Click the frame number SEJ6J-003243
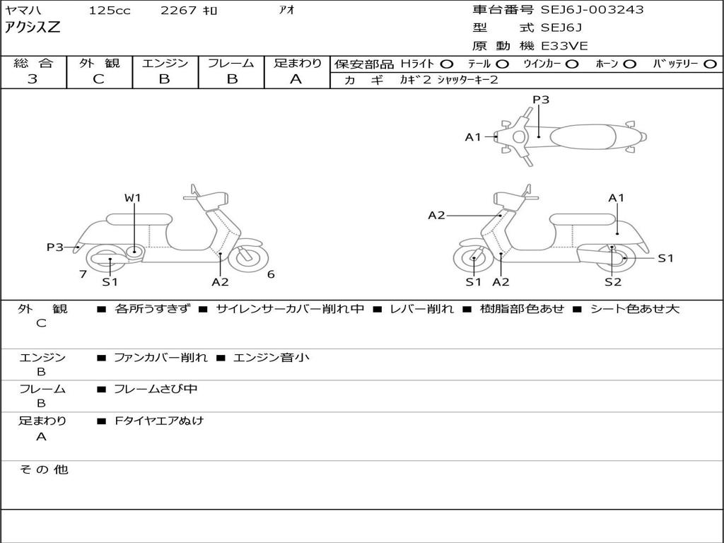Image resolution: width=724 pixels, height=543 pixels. click(592, 10)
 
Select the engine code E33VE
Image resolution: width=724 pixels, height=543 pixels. click(564, 46)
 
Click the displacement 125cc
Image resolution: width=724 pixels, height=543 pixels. click(110, 11)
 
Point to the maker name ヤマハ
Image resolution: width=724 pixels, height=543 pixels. click(22, 11)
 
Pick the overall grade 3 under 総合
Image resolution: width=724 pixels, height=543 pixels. click(33, 79)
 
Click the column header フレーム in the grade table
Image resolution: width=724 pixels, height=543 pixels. click(232, 64)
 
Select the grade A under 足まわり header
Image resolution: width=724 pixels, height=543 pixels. click(296, 79)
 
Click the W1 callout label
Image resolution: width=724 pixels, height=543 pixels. click(133, 198)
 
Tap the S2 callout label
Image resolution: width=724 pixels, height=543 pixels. click(612, 282)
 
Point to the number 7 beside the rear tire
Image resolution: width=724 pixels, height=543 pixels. click(83, 274)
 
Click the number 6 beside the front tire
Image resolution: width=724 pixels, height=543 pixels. click(271, 274)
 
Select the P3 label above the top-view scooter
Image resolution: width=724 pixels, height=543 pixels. click(541, 100)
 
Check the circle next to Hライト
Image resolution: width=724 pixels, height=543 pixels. click(447, 64)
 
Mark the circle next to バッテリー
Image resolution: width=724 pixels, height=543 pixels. click(711, 64)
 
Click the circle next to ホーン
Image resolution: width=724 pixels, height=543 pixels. click(629, 64)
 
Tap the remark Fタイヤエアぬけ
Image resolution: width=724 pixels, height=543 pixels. click(159, 421)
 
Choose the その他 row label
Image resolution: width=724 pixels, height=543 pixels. click(43, 469)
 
